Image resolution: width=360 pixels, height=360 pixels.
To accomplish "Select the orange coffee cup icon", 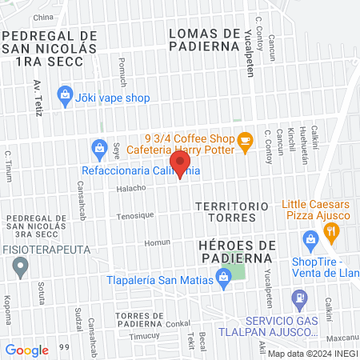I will click(x=246, y=141).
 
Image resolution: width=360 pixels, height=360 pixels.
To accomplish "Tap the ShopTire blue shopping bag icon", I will click(x=310, y=239).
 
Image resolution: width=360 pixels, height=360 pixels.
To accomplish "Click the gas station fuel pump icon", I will click(x=300, y=300).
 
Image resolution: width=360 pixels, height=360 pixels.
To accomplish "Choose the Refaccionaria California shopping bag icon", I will click(x=99, y=148).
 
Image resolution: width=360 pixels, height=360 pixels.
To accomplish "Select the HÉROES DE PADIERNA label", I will click(x=237, y=250).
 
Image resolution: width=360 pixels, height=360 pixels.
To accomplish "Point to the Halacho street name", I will click(x=130, y=189).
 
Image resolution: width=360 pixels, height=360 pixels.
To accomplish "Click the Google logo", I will click(x=26, y=350).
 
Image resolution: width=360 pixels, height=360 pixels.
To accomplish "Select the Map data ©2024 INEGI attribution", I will click(x=312, y=354).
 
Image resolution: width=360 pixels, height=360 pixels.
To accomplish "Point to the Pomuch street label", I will click(x=122, y=70).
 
